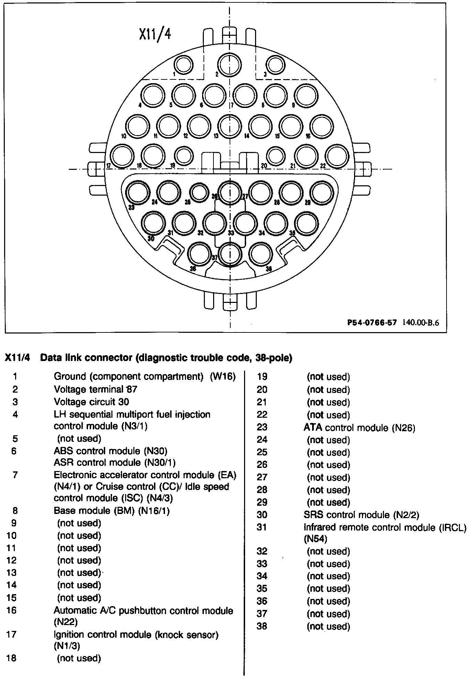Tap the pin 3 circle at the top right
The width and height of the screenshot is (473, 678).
(276, 65)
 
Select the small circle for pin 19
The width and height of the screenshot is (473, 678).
(184, 155)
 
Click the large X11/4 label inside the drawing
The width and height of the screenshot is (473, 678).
(155, 35)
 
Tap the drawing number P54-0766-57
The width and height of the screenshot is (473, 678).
(372, 322)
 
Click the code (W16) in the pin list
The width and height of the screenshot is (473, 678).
(223, 376)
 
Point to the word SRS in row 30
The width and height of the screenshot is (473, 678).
(313, 515)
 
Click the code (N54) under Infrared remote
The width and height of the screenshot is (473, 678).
(315, 538)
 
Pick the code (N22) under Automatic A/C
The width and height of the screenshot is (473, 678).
(66, 622)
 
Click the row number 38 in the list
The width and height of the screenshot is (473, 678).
(262, 626)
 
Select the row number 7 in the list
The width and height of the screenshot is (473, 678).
(15, 475)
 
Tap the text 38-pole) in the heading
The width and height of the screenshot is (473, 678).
(274, 358)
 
